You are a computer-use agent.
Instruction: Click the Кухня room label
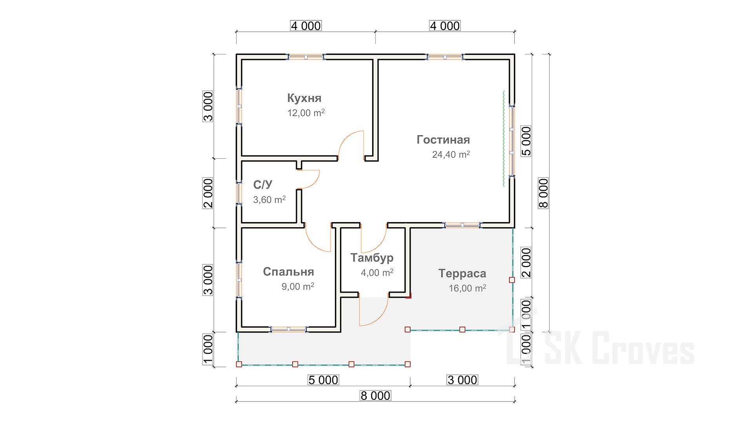(x=304, y=98)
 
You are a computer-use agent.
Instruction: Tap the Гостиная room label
(x=443, y=139)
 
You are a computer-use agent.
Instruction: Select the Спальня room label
(x=288, y=271)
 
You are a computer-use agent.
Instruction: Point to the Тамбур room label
(x=372, y=258)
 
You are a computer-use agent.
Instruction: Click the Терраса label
(x=462, y=273)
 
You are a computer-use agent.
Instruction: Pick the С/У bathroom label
(x=263, y=184)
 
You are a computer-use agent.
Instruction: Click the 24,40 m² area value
(x=451, y=155)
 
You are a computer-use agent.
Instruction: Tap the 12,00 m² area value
(x=306, y=113)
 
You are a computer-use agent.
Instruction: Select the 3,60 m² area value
(x=269, y=200)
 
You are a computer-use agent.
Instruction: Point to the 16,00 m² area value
(x=467, y=288)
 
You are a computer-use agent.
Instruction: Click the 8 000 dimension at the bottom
(x=375, y=396)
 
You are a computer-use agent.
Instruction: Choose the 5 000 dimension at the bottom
(x=323, y=380)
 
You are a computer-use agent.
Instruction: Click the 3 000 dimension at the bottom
(x=462, y=380)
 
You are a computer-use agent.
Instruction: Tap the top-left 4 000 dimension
(x=306, y=26)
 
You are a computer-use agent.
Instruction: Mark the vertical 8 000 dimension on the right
(x=543, y=193)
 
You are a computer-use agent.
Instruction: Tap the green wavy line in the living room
(x=504, y=138)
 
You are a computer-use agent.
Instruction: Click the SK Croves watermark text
(x=620, y=348)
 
